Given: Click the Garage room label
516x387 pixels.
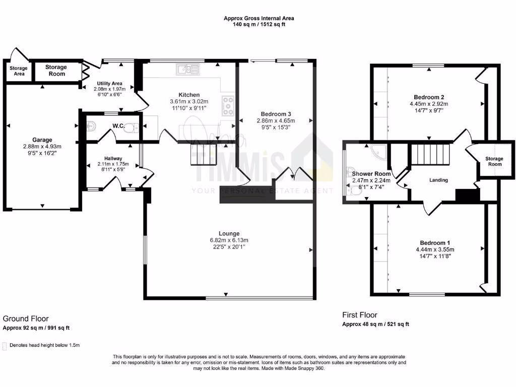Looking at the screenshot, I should click(42, 140).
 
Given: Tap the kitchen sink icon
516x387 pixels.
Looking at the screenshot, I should click(188, 70).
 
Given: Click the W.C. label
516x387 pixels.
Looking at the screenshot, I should click(118, 125).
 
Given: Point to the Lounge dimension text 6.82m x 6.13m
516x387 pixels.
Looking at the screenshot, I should click(226, 240).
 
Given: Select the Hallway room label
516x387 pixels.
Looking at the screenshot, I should click(110, 158).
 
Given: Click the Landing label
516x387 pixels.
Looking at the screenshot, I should click(438, 180).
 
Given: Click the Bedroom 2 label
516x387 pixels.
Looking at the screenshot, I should click(429, 97).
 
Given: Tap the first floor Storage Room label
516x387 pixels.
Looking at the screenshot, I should click(494, 161).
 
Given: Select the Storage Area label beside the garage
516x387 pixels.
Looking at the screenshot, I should click(18, 71).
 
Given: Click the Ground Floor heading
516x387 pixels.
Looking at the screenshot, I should click(26, 318).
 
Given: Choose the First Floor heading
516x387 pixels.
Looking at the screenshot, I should click(360, 315).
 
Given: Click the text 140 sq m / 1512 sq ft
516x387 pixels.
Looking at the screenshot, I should click(259, 24).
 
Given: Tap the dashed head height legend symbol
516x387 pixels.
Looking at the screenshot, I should click(5, 346).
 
